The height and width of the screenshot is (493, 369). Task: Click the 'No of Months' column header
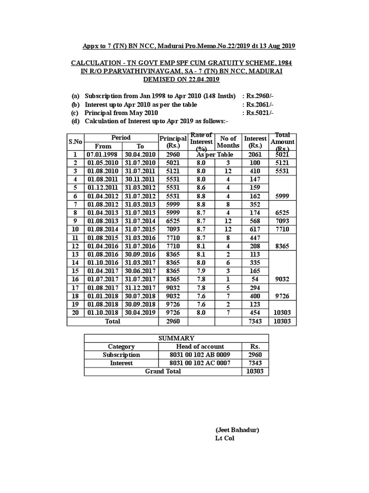point(228,142)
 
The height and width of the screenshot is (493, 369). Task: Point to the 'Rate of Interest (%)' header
point(201,142)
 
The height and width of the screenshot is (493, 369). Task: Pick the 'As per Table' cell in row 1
point(214,155)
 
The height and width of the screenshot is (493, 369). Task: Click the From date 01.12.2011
point(103,187)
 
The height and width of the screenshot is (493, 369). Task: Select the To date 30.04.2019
point(140,313)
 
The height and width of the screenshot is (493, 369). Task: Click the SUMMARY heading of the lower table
point(176,338)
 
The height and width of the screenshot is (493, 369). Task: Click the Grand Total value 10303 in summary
point(255,371)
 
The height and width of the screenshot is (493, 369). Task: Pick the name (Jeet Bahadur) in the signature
point(237,430)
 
